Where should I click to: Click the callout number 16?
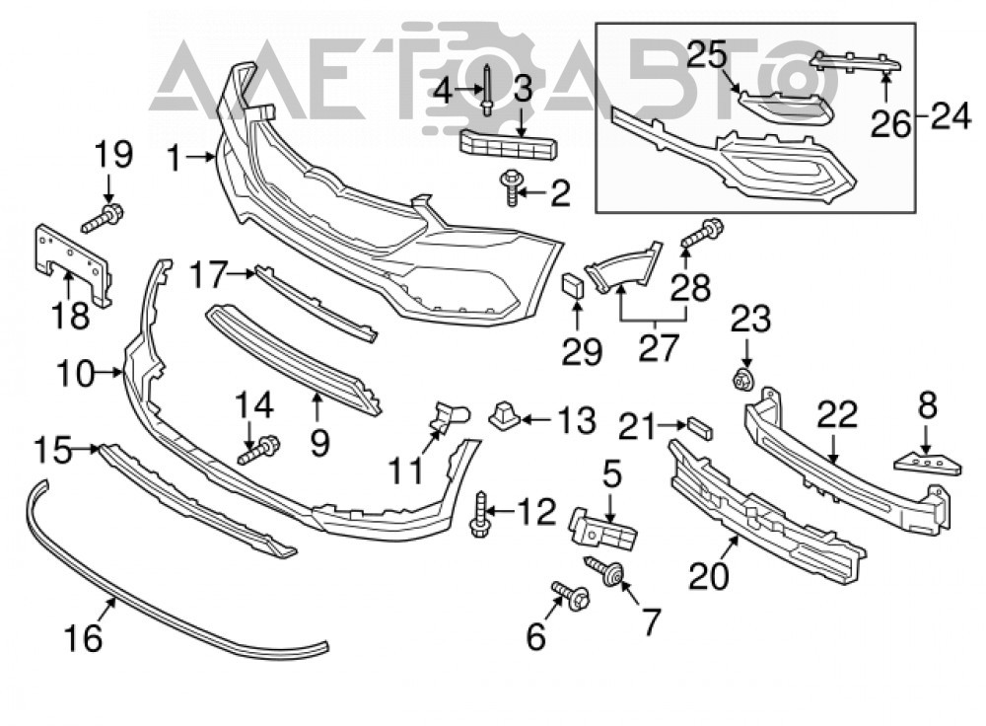tap(83, 638)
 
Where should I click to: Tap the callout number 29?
tap(582, 351)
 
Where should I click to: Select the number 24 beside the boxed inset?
tap(951, 116)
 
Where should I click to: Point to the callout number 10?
tap(77, 374)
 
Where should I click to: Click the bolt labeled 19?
tap(102, 217)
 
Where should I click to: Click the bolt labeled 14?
tap(259, 451)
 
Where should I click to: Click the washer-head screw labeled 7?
tap(604, 570)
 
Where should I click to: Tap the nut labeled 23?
tap(744, 380)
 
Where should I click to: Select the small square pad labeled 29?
tap(573, 285)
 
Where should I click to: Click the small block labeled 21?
tap(699, 427)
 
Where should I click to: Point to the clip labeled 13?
tap(503, 414)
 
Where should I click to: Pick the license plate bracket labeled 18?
tap(72, 264)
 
